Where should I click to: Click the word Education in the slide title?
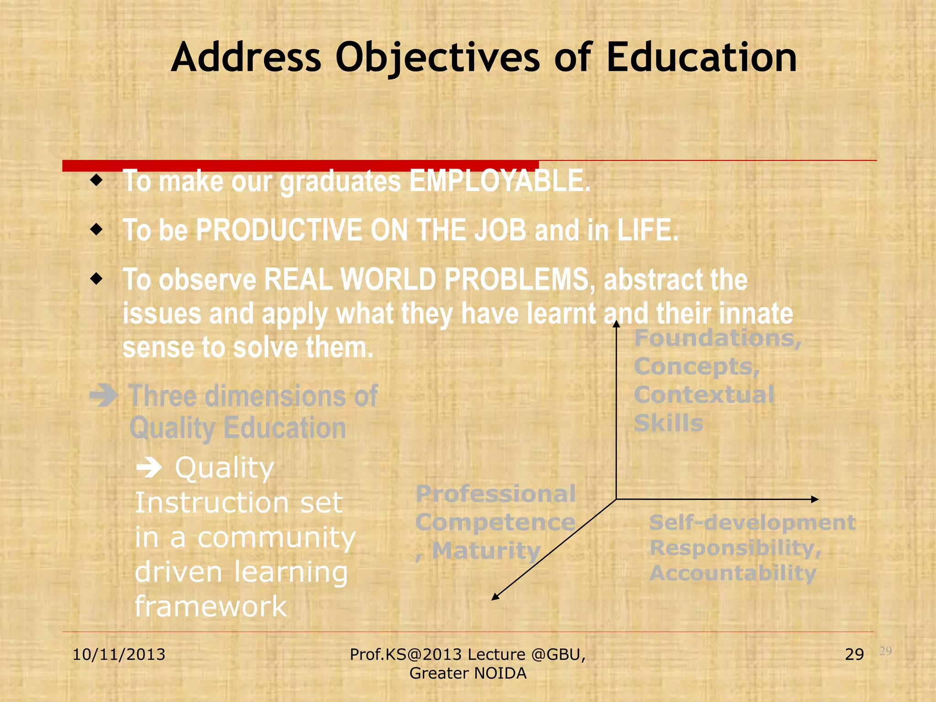(x=702, y=58)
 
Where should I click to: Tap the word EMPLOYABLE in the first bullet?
(x=500, y=181)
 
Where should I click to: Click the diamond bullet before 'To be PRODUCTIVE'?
(x=96, y=229)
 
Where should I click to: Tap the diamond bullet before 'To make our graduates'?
(x=96, y=180)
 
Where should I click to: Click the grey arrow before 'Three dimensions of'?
(x=104, y=395)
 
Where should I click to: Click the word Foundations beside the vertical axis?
(x=718, y=339)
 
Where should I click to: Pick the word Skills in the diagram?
(x=668, y=423)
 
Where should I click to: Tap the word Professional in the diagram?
(x=495, y=494)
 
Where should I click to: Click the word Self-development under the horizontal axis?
(x=752, y=522)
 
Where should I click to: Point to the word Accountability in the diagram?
(x=733, y=573)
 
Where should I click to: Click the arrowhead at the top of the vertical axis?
(x=616, y=324)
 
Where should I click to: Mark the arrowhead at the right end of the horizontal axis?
(x=814, y=499)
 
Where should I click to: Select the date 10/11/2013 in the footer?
(x=119, y=654)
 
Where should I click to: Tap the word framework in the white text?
(x=211, y=606)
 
